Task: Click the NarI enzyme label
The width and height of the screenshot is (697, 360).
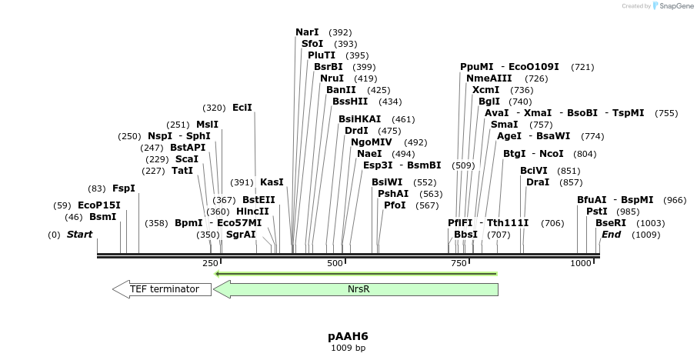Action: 307,32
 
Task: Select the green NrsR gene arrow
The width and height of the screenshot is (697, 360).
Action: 355,289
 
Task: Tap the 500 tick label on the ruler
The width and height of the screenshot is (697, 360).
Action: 335,264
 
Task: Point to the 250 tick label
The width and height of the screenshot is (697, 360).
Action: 210,264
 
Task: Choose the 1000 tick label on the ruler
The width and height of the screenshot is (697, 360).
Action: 580,264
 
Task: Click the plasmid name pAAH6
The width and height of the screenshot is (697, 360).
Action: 348,336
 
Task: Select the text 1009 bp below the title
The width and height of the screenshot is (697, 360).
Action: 348,348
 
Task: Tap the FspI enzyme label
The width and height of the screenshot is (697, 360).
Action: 123,188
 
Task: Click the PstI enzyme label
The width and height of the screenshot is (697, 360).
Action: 597,212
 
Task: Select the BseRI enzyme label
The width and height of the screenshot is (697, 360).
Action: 611,223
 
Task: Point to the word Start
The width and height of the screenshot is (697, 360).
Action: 79,235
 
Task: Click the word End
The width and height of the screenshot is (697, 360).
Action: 611,235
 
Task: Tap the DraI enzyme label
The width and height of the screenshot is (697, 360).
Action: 538,182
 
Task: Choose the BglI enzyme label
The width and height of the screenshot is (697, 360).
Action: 489,102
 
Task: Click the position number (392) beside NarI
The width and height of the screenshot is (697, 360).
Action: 340,32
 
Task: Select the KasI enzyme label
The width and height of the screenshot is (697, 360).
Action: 272,182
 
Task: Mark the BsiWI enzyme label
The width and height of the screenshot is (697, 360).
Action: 388,182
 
